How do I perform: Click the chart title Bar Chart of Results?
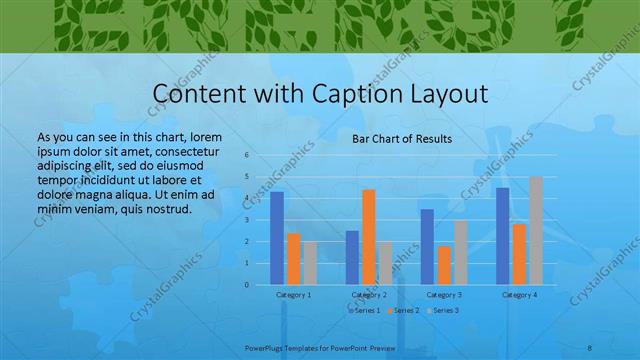(401, 139)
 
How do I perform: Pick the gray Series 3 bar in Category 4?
(536, 230)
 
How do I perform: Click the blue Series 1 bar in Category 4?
(502, 236)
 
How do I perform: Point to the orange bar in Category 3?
(444, 265)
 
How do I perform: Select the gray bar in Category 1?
(310, 263)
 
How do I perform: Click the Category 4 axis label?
(519, 295)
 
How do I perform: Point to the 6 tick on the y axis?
(247, 155)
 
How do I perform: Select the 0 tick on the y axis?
(247, 284)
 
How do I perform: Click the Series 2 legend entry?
(404, 311)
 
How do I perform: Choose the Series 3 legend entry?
(444, 311)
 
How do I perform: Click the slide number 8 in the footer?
(589, 347)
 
